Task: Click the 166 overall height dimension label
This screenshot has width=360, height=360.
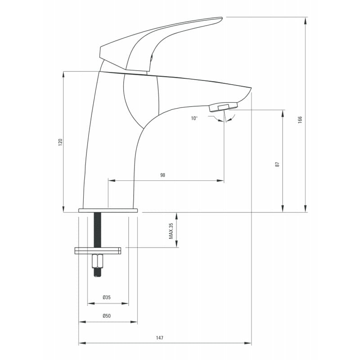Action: point(300,120)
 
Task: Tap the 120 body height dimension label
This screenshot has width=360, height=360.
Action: point(60,142)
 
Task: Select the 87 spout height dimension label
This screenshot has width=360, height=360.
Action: point(277,164)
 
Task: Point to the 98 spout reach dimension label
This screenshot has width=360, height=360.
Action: point(162,175)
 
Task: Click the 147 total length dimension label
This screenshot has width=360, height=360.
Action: point(160,338)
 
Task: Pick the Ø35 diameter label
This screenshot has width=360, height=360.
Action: point(107,297)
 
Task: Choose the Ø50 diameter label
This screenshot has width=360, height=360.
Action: point(107,316)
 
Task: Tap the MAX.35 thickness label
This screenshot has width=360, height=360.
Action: point(171,231)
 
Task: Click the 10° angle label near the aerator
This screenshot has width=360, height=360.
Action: point(194,118)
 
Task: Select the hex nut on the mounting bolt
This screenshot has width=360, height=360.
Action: point(98,261)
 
